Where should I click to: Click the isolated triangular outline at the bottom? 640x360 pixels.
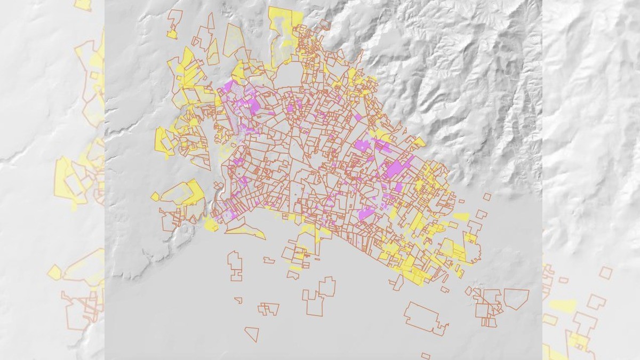253,333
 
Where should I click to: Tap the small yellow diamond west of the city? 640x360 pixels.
155,196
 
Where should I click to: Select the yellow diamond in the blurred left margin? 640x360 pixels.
54,273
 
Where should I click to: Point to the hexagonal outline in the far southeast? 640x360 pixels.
516,299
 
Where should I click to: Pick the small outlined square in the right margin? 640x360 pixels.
605,273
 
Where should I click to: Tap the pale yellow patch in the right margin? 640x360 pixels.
563,306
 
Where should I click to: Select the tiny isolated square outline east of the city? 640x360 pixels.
486,196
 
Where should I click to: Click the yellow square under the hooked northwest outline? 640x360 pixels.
172,35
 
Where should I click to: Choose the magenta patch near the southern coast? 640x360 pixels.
366,213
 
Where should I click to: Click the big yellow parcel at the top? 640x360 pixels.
283,21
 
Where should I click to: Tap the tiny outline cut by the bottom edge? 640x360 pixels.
425,356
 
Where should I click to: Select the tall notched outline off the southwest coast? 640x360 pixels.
235,265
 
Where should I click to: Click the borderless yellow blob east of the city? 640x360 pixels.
461,217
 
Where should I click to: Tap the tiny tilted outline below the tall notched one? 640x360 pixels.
238,300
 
